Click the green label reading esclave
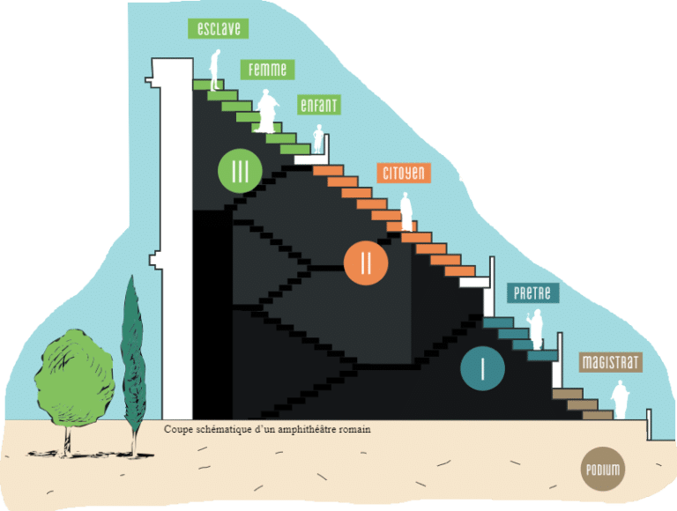pyautogui.click(x=218, y=28)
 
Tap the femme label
pyautogui.click(x=267, y=70)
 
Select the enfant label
pyautogui.click(x=318, y=105)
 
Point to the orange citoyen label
pyautogui.click(x=404, y=173)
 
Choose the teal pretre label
pyautogui.click(x=532, y=293)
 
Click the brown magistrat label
pyautogui.click(x=611, y=362)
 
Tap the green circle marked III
pyautogui.click(x=240, y=171)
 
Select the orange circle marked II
pyautogui.click(x=366, y=263)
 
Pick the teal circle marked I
pyautogui.click(x=482, y=368)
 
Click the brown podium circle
pyautogui.click(x=603, y=469)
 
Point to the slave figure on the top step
pyautogui.click(x=215, y=70)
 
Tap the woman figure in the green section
pyautogui.click(x=267, y=111)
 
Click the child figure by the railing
pyautogui.click(x=318, y=138)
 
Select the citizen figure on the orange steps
pyautogui.click(x=405, y=211)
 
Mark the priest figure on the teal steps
pyautogui.click(x=535, y=330)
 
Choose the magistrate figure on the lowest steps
pyautogui.click(x=620, y=399)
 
